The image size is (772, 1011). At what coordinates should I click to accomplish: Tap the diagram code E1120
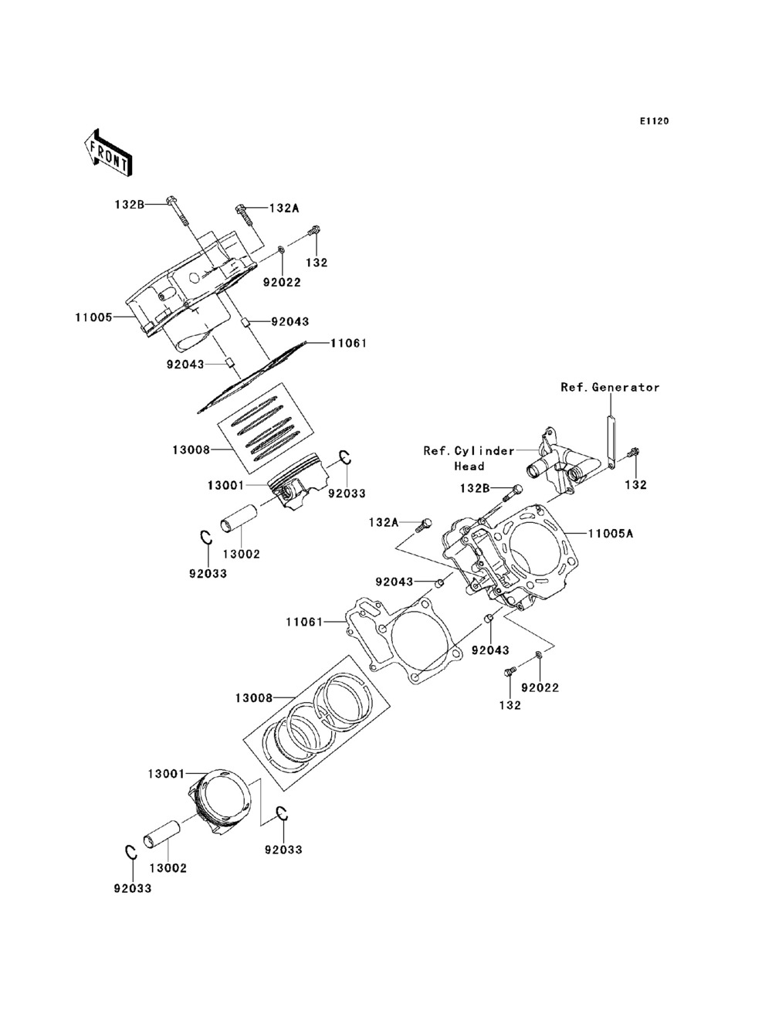click(x=654, y=121)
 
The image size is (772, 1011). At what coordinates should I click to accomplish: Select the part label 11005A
click(x=611, y=534)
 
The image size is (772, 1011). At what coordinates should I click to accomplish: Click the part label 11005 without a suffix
click(x=94, y=317)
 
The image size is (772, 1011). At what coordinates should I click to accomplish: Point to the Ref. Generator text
click(x=610, y=388)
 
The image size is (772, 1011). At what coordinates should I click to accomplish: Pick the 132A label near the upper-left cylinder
click(x=284, y=209)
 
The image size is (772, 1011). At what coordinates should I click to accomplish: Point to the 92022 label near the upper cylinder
click(x=282, y=283)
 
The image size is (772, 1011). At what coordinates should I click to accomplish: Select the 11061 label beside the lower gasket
click(x=304, y=622)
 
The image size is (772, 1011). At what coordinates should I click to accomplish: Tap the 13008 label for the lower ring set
click(x=254, y=697)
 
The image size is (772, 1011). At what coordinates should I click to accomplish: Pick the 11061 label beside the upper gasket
click(x=348, y=343)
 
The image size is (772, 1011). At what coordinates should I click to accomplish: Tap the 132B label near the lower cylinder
click(x=475, y=488)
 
